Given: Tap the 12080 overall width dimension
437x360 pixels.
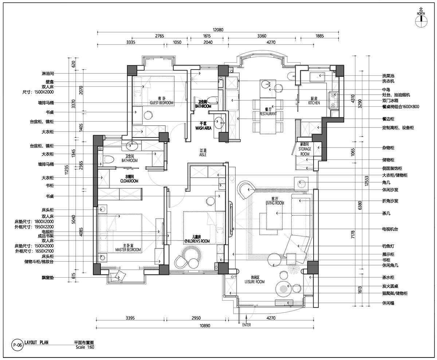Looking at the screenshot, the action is tap(218, 30).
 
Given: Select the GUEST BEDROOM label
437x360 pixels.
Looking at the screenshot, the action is tap(161, 103).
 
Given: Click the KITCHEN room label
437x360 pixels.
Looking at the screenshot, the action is tap(314, 103).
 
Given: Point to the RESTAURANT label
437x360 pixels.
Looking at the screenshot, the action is tap(268, 114).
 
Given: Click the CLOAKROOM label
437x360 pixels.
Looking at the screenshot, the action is tap(129, 181).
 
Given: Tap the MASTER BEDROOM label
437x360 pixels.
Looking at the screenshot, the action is tap(128, 250).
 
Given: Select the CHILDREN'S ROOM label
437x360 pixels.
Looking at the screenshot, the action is tap(197, 241).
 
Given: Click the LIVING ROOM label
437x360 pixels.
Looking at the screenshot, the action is tap(275, 203).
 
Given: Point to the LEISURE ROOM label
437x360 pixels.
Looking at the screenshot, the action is tap(255, 282).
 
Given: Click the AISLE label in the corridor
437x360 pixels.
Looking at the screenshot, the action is tap(203, 155).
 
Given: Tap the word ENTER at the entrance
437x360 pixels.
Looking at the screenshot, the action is tap(247, 325).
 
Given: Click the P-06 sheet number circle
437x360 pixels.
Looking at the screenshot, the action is tap(17, 345).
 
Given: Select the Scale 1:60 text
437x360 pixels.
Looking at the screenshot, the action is tap(85, 347).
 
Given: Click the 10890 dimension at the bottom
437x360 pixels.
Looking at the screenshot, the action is tap(205, 326).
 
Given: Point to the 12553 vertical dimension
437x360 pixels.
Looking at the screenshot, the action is tap(367, 181).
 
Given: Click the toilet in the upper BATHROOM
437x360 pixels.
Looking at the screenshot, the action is tap(212, 100).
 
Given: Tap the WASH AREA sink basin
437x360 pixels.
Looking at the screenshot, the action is tap(219, 123).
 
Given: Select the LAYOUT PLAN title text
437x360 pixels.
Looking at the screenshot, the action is tap(36, 343).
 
